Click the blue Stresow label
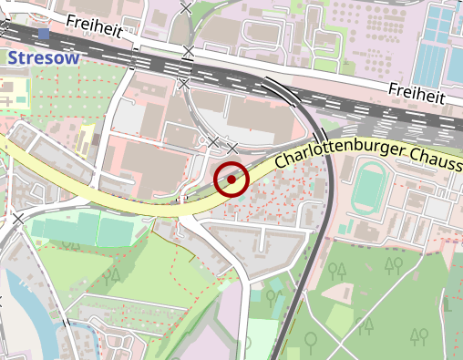[43, 57]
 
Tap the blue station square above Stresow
[43, 35]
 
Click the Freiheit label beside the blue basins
[415, 93]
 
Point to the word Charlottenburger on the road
[334, 157]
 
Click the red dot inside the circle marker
[231, 180]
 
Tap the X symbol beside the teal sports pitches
[18, 219]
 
